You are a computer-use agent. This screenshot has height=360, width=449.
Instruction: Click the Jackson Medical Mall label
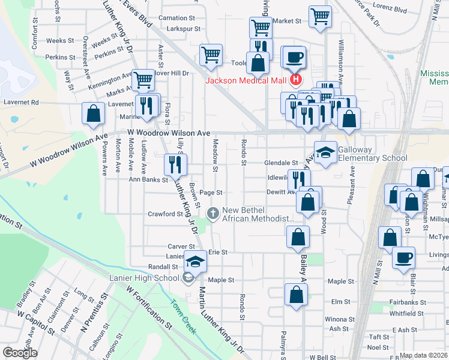coord(246,81)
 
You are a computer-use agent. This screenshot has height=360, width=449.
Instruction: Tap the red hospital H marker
coord(295,80)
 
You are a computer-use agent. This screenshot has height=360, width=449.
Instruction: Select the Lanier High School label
coord(144,277)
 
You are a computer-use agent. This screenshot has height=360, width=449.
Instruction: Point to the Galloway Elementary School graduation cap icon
coord(325,153)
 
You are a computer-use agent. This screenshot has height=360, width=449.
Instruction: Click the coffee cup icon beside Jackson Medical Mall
coord(294,58)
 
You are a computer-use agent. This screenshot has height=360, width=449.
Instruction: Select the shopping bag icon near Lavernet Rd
coord(94,113)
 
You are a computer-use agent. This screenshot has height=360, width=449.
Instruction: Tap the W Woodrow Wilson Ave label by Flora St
coord(168,133)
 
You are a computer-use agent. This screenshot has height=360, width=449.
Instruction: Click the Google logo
coord(20,353)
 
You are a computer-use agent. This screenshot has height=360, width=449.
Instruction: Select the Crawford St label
coord(165,214)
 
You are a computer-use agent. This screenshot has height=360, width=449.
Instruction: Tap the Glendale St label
coord(281,163)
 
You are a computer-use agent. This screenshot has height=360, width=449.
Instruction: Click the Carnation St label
coord(178,19)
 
